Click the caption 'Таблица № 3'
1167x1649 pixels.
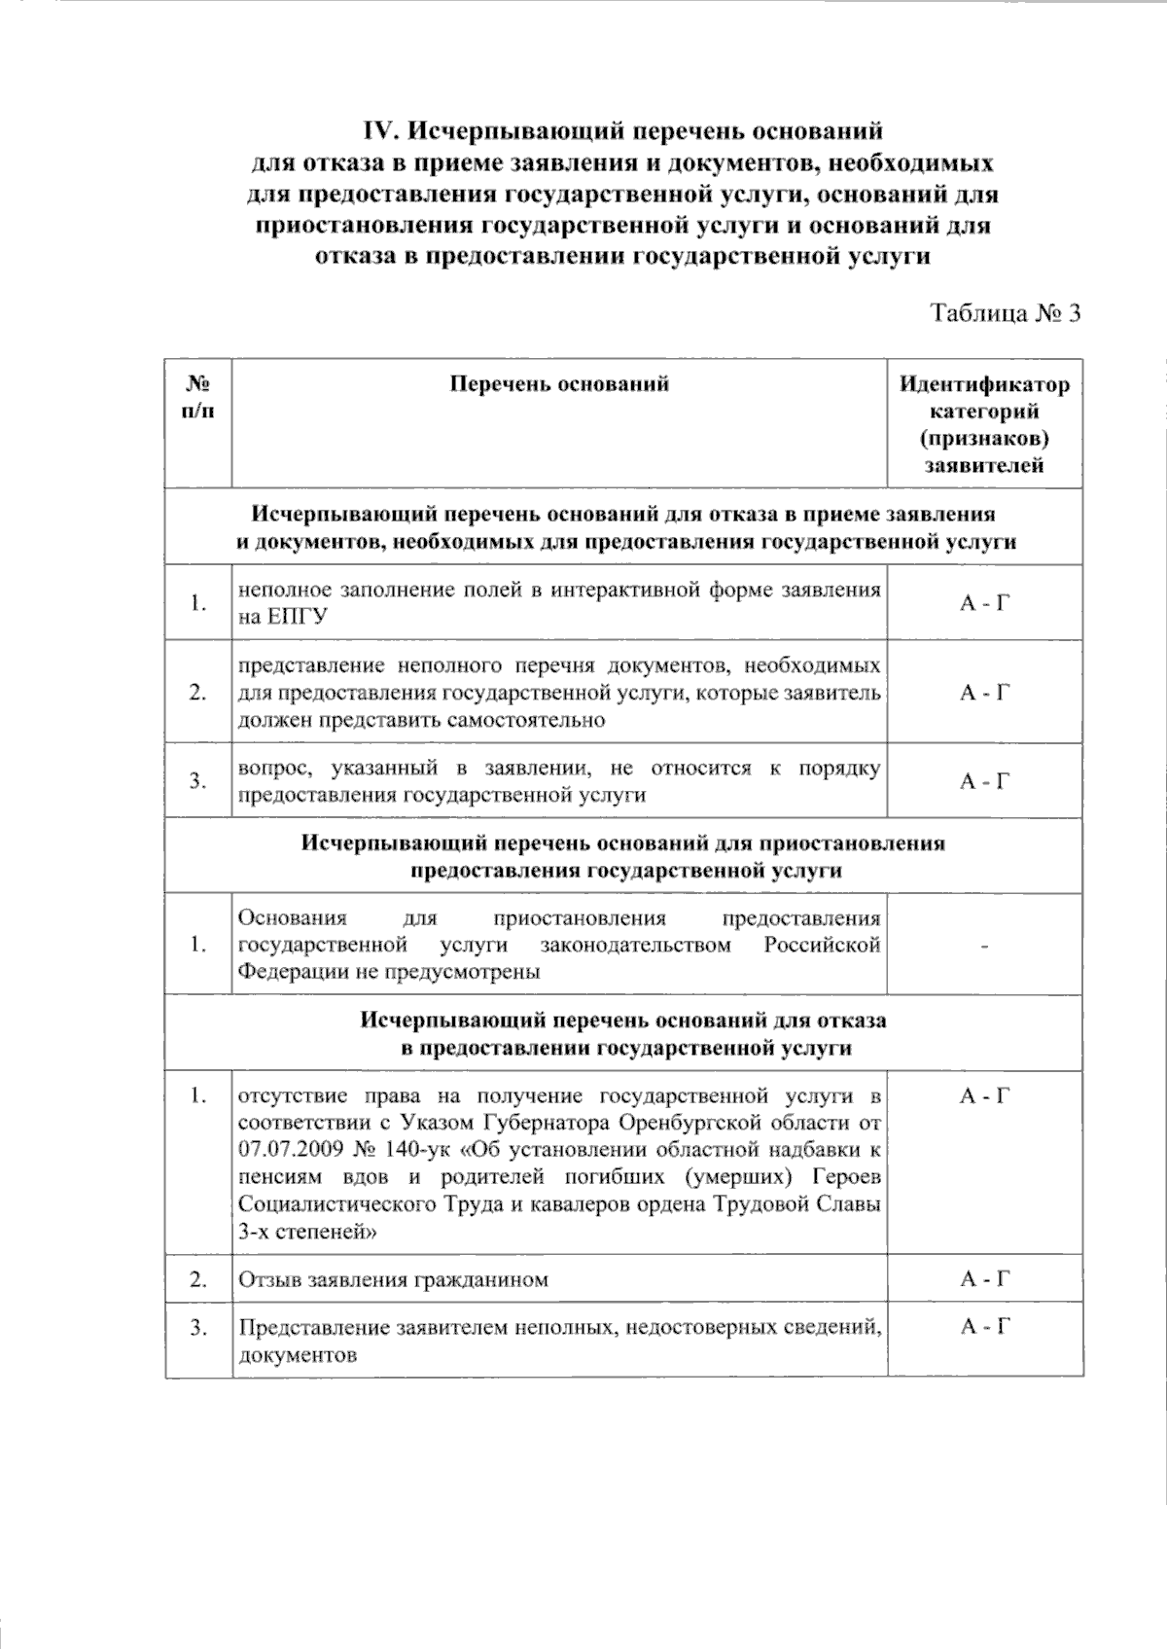click(1006, 313)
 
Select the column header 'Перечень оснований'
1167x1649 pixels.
click(559, 383)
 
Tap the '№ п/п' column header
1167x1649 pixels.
click(198, 397)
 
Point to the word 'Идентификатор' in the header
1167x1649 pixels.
click(984, 384)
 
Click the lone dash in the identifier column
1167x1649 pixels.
click(985, 945)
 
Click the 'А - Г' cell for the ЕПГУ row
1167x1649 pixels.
click(985, 603)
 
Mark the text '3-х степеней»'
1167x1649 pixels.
click(308, 1232)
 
